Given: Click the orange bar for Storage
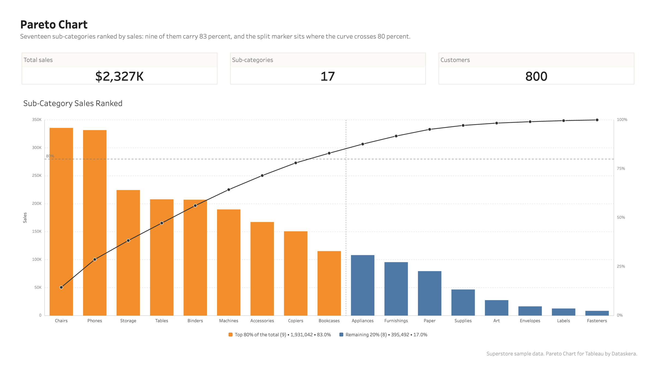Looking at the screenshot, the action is [x=128, y=253].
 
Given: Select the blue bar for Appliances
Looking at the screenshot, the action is [x=362, y=285].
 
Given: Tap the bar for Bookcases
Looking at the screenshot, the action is [x=329, y=283].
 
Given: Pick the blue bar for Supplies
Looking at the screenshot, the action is [x=463, y=302].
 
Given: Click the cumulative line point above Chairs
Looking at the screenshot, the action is [x=61, y=287].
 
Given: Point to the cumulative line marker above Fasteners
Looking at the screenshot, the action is [x=597, y=120].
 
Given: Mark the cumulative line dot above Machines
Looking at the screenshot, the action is [x=229, y=190].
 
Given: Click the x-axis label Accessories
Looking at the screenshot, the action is [x=262, y=321].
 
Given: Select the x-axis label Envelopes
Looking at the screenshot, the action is [x=530, y=321].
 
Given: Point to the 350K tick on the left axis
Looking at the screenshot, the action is [x=37, y=120].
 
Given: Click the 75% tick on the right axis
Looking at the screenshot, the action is [x=621, y=169].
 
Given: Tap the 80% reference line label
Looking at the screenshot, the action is [x=50, y=156].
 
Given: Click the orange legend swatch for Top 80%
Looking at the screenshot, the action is [x=230, y=335].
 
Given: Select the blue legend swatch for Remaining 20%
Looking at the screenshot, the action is [x=341, y=335].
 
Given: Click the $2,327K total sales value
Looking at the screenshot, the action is [x=119, y=76].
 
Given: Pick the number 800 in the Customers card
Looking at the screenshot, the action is [x=536, y=76].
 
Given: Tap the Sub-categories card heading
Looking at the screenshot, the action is [x=253, y=60].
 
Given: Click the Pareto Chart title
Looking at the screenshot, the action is [x=54, y=25].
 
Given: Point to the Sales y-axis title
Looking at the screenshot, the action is [x=25, y=218].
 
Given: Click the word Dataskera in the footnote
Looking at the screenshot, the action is [x=624, y=354].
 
